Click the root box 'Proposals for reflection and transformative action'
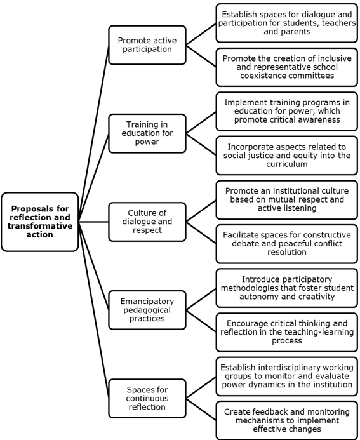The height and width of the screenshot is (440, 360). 40,222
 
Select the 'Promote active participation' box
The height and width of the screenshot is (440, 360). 147,45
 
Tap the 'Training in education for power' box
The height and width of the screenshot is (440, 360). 147,133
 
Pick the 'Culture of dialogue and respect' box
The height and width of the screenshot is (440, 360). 147,222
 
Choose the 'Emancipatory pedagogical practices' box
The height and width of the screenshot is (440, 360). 147,310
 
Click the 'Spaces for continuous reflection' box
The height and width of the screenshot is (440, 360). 147,399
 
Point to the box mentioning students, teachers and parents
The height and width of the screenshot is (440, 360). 287,23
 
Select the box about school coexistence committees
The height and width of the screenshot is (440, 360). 287,67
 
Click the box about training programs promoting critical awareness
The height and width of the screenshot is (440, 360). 287,111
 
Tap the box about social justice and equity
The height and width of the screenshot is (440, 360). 287,156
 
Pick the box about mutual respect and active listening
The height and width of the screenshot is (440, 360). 287,200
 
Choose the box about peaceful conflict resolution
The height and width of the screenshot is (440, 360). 287,244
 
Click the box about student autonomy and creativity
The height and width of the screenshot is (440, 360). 287,288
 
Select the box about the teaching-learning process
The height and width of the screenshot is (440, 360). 287,332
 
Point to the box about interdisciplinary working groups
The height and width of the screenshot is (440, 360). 287,377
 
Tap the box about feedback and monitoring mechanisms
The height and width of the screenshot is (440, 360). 287,421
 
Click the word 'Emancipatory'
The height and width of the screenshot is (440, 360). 147,302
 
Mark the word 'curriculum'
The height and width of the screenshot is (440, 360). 287,164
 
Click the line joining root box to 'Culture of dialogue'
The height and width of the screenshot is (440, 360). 94,222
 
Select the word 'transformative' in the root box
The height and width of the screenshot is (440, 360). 40,226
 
